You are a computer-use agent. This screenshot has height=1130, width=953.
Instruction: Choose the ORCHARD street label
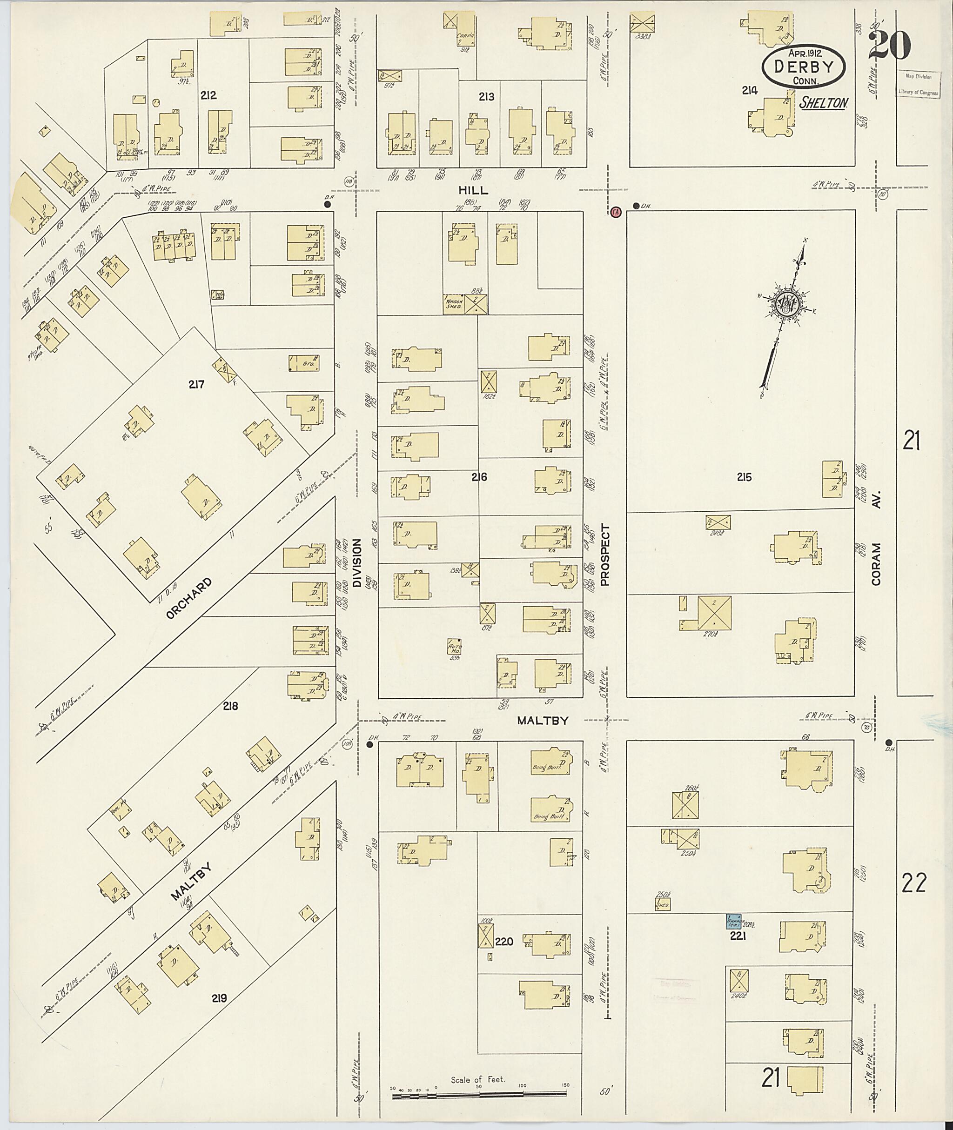[189, 598]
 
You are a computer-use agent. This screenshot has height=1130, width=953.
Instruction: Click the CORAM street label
[876, 564]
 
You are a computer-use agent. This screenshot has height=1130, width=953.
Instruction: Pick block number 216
[479, 477]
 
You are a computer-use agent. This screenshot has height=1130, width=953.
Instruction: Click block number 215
[744, 477]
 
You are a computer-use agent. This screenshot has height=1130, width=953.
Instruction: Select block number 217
[197, 385]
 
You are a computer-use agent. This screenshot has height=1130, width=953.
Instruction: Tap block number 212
[208, 96]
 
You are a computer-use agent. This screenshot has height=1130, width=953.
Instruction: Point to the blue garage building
[733, 920]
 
